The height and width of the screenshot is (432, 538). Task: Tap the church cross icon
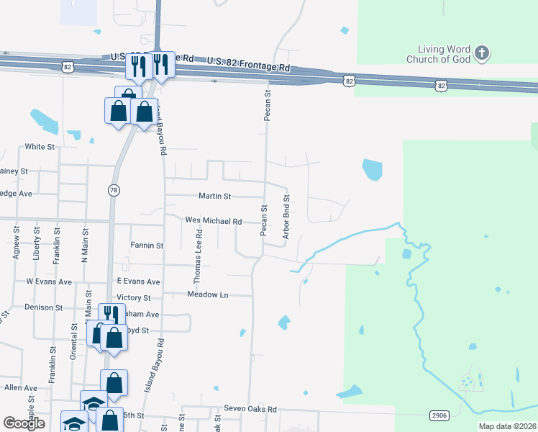point(482,53)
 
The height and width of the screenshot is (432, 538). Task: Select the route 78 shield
point(114,190)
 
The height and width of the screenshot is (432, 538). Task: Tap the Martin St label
point(214,196)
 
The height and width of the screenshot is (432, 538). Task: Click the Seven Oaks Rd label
point(250,409)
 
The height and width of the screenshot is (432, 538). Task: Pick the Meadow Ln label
point(207,294)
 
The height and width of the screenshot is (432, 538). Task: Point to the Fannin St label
point(147,246)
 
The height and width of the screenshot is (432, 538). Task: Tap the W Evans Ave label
point(49,282)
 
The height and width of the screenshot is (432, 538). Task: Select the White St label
point(40,147)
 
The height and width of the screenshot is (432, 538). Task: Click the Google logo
point(24,423)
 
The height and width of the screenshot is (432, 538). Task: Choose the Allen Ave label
point(20,387)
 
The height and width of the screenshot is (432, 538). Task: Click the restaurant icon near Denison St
point(110,315)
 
